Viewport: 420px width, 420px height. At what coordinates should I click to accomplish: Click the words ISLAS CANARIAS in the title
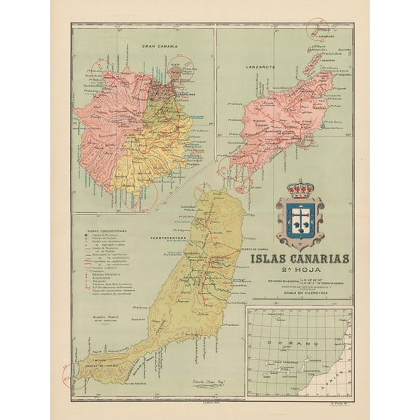300,259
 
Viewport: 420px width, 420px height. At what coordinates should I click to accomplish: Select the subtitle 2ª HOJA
299,269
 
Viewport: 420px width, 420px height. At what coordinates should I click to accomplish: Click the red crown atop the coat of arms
300,189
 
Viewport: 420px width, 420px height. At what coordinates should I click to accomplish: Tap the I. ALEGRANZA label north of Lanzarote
322,34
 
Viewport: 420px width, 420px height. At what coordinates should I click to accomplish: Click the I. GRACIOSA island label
325,61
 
